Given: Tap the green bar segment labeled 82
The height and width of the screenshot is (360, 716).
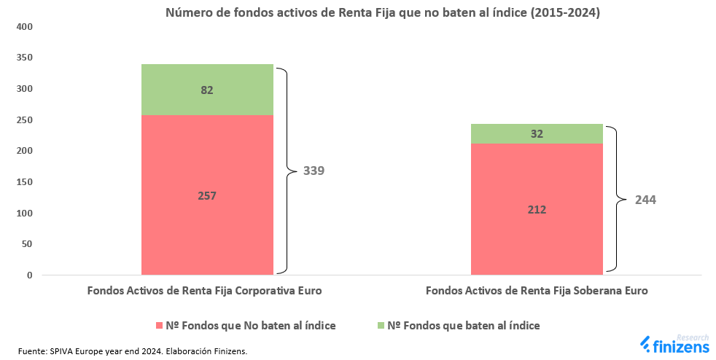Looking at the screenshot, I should click(207, 90).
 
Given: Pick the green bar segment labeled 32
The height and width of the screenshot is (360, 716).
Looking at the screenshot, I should click(537, 134).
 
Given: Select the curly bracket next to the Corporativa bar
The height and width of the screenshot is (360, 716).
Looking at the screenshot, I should click(288, 171).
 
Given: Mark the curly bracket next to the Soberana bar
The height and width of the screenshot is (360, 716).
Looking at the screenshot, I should click(617, 199).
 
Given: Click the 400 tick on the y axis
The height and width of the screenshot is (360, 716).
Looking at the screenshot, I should click(25, 27).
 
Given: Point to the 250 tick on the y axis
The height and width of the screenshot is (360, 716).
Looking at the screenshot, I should click(25, 120).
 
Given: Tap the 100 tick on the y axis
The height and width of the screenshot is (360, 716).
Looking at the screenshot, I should click(25, 214).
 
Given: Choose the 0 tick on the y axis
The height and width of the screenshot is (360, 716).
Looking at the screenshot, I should click(30, 275).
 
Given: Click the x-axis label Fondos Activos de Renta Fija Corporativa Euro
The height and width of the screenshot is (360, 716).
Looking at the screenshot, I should click(204, 290).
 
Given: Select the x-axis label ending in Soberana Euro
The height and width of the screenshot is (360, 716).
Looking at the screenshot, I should click(536, 290).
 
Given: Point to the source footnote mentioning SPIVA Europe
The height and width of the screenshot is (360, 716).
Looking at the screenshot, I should click(133, 351).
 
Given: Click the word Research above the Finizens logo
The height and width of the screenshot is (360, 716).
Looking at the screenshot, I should click(693, 337).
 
